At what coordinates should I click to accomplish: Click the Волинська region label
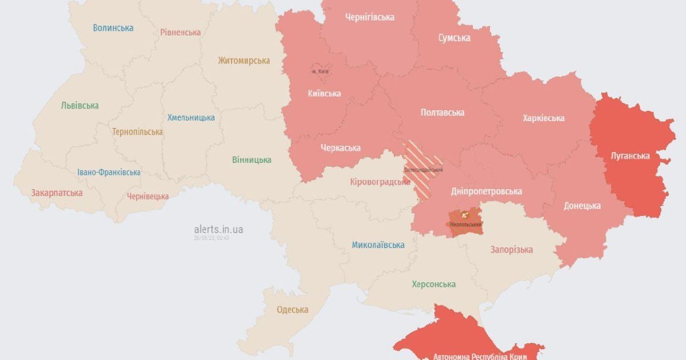tap(113, 27)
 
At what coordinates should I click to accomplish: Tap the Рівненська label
tap(180, 32)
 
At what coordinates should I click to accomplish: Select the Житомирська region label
tap(244, 61)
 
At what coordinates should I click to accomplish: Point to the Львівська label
tap(80, 105)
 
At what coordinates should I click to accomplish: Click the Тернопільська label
tap(137, 131)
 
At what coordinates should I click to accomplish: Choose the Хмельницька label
tap(191, 117)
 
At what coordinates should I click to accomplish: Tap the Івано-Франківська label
tap(109, 172)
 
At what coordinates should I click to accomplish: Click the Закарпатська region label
tap(57, 193)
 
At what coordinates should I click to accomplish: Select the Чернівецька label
tap(147, 196)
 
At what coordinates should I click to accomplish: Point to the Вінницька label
tap(252, 159)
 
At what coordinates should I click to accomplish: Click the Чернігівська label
tap(369, 17)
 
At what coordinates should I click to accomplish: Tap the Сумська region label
tap(454, 38)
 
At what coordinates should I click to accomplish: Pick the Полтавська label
tap(442, 113)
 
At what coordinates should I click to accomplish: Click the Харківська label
tap(543, 118)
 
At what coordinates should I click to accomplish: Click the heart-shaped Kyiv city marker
tap(320, 71)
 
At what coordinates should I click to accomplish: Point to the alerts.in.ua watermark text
tap(218, 229)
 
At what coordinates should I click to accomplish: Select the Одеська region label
tap(292, 310)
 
